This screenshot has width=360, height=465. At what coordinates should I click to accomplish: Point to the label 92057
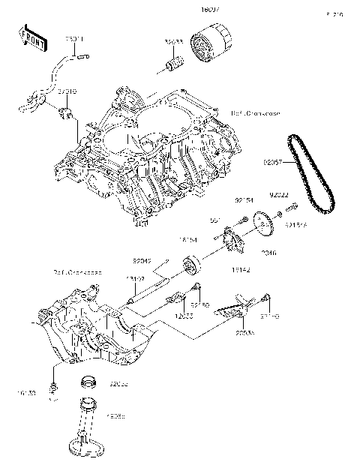[273, 161]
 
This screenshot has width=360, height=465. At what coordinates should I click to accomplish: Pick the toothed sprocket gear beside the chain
[263, 224]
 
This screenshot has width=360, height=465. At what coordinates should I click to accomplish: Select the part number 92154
[244, 201]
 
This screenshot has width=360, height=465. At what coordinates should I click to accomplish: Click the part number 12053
[184, 316]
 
